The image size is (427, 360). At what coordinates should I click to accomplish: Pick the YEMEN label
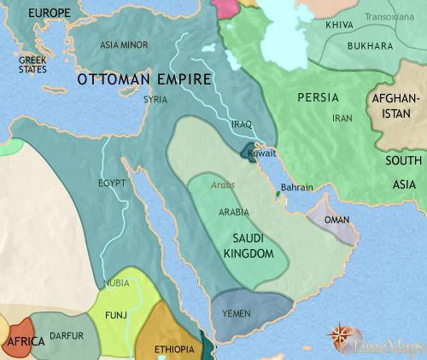pos(236,314)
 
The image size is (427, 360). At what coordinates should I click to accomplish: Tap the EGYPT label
pos(112,183)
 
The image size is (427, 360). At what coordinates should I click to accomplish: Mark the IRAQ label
pos(242,125)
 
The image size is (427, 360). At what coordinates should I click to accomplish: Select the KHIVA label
pos(338,26)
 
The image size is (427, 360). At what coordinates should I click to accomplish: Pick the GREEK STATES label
pos(33,65)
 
